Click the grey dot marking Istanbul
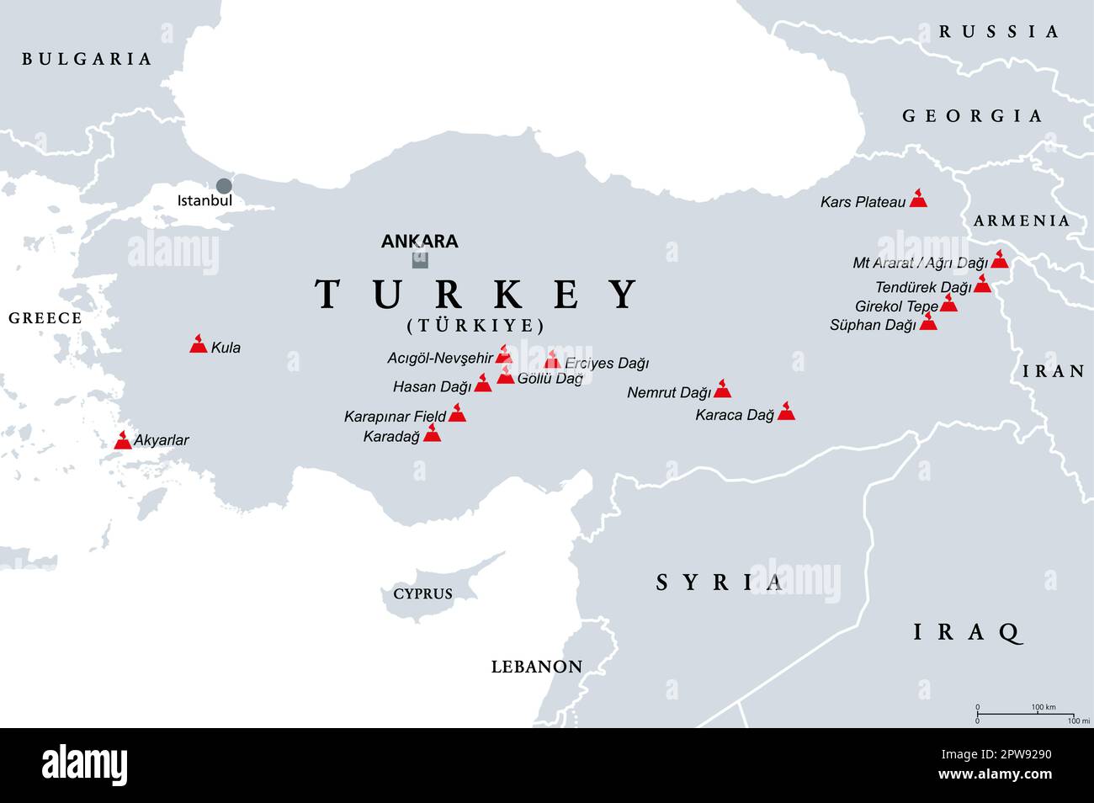[x=223, y=186]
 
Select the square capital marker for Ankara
[x=420, y=260]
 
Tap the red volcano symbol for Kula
[x=199, y=343]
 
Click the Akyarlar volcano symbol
[x=123, y=440]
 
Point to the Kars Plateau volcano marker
[x=918, y=199]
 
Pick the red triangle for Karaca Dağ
[x=786, y=412]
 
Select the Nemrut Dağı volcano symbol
[x=722, y=389]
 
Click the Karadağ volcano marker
[x=432, y=433]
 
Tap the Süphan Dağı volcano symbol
[x=927, y=322]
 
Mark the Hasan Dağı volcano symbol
[x=483, y=384]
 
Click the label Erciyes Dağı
[x=607, y=364]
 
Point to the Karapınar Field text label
[x=395, y=417]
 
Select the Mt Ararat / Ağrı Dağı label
[x=920, y=263]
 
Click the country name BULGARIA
[x=87, y=59]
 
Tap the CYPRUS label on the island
[x=423, y=594]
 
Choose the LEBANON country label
[x=537, y=667]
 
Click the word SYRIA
[x=720, y=582]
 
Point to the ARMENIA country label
[x=1022, y=221]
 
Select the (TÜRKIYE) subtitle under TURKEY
[x=476, y=326]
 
